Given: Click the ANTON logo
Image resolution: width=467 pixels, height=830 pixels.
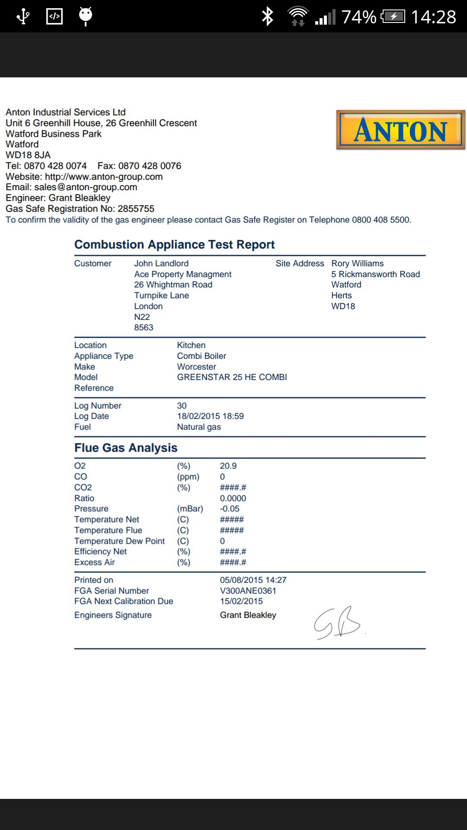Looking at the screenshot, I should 400,130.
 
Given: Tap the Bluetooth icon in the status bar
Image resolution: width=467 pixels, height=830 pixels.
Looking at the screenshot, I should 268,17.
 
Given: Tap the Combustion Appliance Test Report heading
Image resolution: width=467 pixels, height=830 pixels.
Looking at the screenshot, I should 174,245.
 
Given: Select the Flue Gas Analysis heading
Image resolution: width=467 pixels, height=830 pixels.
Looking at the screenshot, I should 126,448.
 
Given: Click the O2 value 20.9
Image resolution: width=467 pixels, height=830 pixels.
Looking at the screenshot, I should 228,466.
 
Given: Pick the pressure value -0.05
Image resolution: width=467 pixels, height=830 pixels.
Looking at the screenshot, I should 229,509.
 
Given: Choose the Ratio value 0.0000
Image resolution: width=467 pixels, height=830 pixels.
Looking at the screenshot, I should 233,498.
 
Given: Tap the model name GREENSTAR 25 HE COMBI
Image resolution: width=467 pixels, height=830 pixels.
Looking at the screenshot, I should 232,377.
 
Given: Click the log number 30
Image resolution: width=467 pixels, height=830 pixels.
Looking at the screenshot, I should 182,406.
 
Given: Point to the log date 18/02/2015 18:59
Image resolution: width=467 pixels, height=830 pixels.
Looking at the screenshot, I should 210,416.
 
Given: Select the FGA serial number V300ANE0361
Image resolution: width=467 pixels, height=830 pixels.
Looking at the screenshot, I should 248,591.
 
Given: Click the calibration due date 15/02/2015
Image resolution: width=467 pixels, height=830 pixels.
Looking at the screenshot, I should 241,601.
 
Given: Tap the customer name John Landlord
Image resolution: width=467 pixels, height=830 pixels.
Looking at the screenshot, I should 161,264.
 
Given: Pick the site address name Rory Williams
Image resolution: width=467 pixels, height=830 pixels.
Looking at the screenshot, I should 357,264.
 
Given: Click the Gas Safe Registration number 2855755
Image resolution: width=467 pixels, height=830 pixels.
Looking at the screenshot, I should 136,209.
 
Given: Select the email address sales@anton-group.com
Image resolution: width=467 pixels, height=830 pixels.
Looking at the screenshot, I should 86,187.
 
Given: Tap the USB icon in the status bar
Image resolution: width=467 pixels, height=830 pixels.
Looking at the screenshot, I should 22,17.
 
